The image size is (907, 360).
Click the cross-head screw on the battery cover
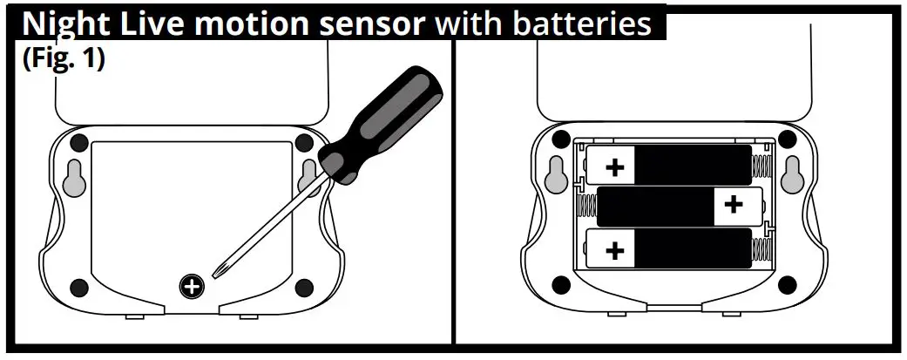191,284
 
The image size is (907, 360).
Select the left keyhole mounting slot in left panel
72,176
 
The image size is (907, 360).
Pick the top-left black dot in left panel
79,142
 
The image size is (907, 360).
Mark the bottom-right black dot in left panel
303,287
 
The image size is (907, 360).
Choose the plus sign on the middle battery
734,205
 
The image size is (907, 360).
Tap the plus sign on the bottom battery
615,251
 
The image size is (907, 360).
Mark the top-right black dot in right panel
787,139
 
